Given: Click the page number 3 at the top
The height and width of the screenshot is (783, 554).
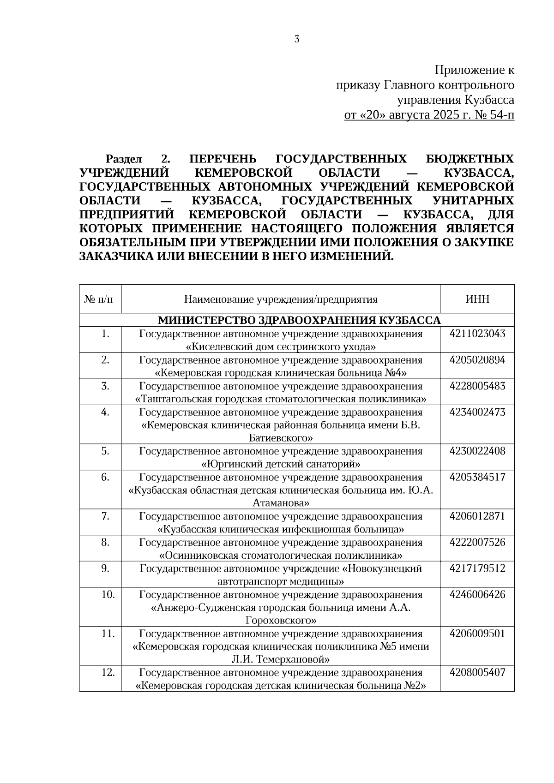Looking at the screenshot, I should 297,39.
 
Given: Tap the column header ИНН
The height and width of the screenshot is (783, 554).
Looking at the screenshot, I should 477,299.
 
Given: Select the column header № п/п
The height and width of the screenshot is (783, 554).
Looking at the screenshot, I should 100,299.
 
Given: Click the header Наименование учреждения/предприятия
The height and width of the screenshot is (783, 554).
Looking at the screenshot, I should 281,299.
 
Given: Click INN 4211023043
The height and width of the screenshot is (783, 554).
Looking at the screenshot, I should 477,334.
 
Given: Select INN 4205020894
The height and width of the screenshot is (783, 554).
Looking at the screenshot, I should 477,360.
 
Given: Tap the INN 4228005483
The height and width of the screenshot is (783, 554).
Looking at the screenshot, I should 477,386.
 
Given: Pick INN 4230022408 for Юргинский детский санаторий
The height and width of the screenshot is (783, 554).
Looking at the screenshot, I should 477,451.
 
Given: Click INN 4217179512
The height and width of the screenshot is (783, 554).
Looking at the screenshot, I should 477,568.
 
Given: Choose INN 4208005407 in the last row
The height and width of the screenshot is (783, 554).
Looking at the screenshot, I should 477,672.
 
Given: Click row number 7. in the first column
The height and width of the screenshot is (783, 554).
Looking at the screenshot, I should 105,516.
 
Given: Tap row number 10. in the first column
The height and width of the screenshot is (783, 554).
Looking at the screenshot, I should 108,594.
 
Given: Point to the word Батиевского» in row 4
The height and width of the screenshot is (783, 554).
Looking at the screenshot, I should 281,437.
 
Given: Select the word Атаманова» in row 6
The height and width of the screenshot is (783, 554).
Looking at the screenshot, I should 281,502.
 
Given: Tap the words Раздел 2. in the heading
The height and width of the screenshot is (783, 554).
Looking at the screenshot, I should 138,160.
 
